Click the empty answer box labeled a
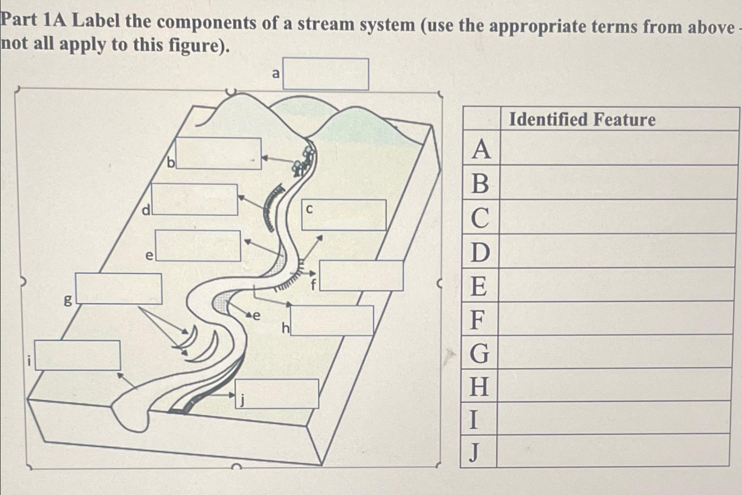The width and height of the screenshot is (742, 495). click(325, 74)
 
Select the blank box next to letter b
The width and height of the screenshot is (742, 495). click(219, 154)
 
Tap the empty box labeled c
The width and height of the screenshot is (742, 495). click(344, 215)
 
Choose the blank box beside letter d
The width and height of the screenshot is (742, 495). click(195, 200)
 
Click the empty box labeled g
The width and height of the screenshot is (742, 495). click(118, 289)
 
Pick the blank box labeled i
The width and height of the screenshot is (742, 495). click(77, 356)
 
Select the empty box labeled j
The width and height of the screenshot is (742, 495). click(277, 393)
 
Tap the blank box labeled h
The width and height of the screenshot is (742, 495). click(332, 320)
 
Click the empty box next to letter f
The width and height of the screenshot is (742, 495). click(361, 276)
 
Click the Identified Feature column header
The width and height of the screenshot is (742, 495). click(582, 119)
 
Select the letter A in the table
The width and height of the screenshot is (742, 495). click(481, 149)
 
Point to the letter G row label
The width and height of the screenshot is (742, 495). click(479, 353)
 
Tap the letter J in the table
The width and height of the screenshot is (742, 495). click(474, 452)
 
